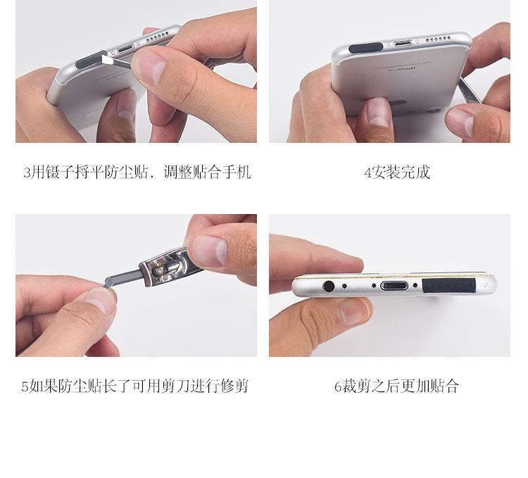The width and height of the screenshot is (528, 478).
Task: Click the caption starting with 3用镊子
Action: click(x=137, y=172)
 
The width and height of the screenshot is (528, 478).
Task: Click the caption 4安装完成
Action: click(x=397, y=172)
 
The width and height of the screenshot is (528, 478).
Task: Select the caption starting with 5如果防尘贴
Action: click(x=135, y=386)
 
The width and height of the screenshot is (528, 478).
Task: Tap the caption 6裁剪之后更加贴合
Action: click(x=396, y=386)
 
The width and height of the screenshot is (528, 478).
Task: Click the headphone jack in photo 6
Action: click(x=328, y=287)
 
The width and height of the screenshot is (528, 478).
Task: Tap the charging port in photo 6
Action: click(x=394, y=286)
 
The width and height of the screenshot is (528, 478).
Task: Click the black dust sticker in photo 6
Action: click(x=449, y=285)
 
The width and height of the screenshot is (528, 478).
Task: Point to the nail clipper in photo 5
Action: click(x=168, y=265)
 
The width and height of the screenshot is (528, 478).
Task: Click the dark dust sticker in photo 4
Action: click(x=365, y=48)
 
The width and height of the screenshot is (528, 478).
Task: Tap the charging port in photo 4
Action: click(x=403, y=44)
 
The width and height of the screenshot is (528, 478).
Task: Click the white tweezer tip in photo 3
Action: click(x=108, y=60)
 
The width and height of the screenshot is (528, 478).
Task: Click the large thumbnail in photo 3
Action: click(x=151, y=68)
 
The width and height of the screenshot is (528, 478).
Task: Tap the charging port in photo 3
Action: click(x=126, y=49)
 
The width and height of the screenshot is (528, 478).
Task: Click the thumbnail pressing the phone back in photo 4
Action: click(x=379, y=113)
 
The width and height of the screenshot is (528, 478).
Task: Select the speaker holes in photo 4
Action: click(x=438, y=39)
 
